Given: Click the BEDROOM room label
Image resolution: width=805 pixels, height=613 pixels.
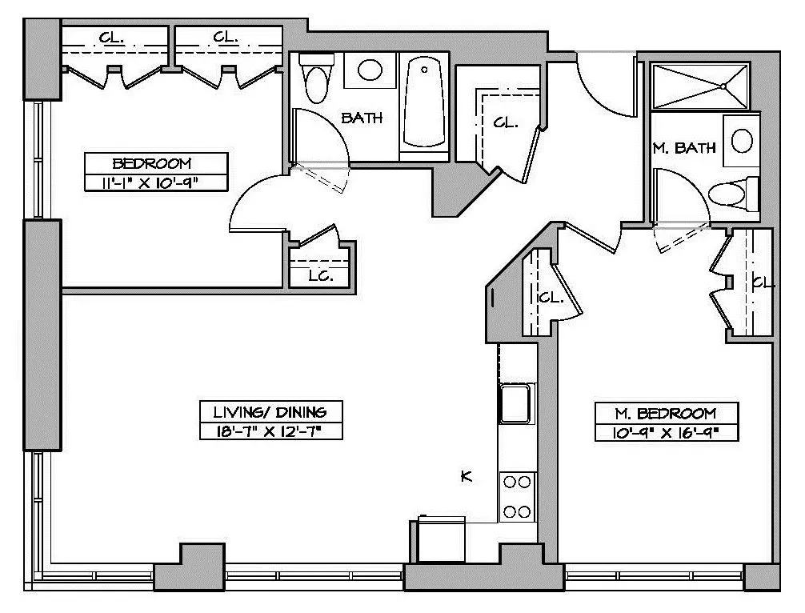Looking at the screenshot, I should pyautogui.click(x=152, y=163).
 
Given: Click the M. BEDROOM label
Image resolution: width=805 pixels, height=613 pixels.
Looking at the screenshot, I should pyautogui.click(x=666, y=414).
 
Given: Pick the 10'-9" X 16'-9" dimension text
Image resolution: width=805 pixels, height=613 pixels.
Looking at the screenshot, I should pyautogui.click(x=666, y=434).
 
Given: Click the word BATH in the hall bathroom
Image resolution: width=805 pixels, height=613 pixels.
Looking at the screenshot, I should pyautogui.click(x=362, y=118).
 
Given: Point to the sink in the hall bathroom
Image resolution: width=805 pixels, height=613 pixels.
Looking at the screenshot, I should pyautogui.click(x=370, y=70).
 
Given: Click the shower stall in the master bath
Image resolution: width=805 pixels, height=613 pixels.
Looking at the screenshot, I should pyautogui.click(x=700, y=86).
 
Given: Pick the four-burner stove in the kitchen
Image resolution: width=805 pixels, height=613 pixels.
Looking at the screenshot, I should pyautogui.click(x=517, y=496).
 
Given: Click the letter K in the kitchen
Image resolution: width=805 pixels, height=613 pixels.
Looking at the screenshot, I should pyautogui.click(x=467, y=477).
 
